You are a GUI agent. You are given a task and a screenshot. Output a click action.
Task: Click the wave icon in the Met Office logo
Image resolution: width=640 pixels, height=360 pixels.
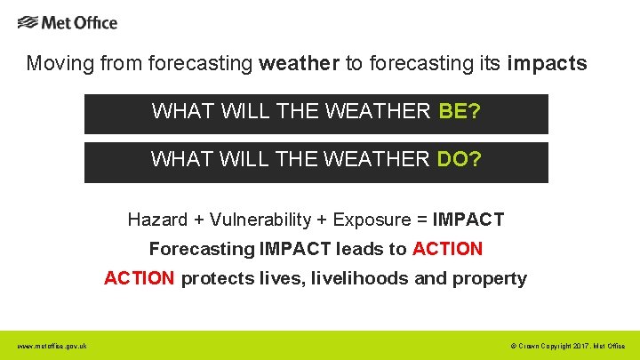(x=28, y=22)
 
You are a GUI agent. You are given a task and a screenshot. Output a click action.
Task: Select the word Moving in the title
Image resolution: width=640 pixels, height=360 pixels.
(x=55, y=64)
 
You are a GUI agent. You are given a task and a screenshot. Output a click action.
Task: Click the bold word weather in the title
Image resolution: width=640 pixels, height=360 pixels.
(x=299, y=64)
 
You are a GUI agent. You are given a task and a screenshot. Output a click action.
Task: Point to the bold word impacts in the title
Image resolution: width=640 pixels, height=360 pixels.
(x=547, y=64)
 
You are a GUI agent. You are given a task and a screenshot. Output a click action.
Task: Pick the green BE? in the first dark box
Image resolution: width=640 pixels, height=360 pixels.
(x=460, y=112)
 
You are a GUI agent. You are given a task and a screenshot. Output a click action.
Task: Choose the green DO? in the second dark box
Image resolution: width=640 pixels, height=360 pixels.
(x=460, y=160)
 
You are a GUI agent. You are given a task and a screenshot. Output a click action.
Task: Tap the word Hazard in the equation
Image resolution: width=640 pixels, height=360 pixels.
(x=157, y=220)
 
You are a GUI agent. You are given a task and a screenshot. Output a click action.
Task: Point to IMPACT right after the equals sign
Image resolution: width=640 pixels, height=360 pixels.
(x=468, y=220)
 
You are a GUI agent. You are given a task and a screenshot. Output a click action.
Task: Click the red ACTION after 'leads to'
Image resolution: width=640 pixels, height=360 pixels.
(x=448, y=249)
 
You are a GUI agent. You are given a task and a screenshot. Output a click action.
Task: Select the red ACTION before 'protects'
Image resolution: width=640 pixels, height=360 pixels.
(x=140, y=278)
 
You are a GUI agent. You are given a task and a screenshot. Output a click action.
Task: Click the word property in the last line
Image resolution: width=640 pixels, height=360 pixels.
(x=490, y=278)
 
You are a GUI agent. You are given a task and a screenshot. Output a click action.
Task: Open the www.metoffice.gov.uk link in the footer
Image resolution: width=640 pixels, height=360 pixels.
(x=52, y=346)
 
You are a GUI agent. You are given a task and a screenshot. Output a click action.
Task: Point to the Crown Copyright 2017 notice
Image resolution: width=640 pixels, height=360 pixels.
(x=568, y=346)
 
